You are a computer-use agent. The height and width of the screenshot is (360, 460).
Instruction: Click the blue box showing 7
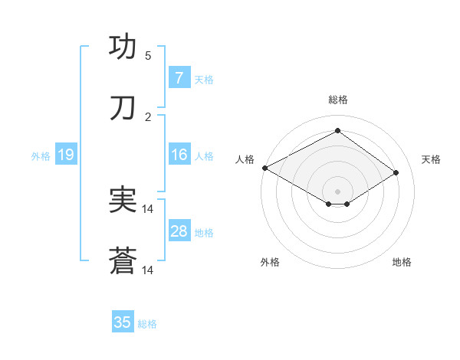click(179, 77)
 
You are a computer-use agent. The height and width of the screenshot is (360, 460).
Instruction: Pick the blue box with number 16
click(179, 155)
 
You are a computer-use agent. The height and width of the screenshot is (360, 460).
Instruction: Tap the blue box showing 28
click(179, 231)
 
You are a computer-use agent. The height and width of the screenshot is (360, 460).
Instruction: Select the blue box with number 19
click(65, 155)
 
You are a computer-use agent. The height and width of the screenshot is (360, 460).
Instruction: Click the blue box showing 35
click(123, 322)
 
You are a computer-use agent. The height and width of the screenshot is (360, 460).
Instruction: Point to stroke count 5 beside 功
click(148, 55)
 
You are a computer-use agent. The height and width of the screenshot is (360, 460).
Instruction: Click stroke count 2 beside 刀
click(148, 117)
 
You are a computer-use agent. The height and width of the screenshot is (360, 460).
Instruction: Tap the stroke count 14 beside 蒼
click(148, 270)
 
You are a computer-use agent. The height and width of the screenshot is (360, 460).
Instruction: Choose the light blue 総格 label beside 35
click(147, 324)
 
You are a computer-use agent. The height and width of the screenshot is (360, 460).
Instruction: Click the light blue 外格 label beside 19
click(41, 155)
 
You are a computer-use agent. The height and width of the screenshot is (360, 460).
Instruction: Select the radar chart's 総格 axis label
click(337, 100)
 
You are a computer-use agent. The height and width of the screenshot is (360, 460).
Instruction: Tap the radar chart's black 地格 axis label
click(402, 262)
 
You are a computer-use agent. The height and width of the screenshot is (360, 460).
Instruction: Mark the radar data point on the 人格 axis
click(264, 168)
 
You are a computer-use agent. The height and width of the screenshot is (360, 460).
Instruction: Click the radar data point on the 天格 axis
click(396, 173)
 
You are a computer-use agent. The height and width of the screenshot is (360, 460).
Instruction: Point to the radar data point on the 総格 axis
click(337, 130)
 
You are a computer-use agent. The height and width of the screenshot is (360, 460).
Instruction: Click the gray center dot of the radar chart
click(337, 191)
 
